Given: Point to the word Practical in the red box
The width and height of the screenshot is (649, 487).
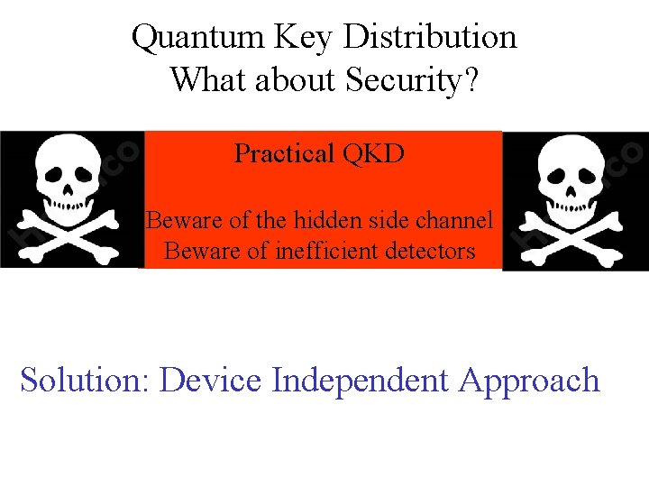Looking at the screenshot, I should coord(283,154).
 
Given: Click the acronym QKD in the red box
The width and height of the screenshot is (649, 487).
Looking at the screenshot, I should coord(373,154).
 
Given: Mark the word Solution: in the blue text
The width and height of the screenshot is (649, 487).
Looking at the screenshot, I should coord(85,380).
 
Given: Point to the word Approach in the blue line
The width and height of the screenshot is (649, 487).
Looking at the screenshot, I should coord(529,380).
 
